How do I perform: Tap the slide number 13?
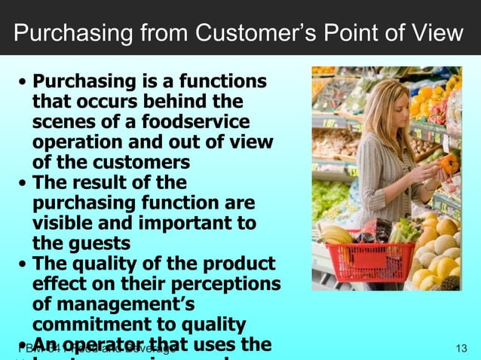[x=463, y=349]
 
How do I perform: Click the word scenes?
[x=63, y=121]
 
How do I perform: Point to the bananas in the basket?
[x=337, y=234]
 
